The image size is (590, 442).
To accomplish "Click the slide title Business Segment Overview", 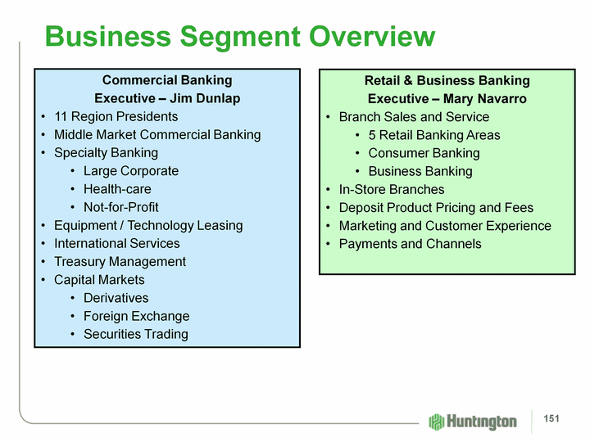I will click(240, 37).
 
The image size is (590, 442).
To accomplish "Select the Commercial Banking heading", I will click(167, 80).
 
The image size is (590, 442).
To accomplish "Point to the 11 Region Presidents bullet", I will click(116, 116).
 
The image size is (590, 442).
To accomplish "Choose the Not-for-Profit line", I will click(120, 207).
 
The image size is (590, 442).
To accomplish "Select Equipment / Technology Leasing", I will click(148, 225).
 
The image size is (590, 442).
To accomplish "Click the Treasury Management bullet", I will click(120, 262).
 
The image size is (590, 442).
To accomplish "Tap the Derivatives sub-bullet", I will click(116, 298).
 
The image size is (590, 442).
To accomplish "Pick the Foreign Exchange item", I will click(136, 316).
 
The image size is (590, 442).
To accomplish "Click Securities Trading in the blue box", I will click(135, 334).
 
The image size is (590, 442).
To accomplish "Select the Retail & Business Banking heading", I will click(447, 80).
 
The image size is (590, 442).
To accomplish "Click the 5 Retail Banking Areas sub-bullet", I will click(433, 135).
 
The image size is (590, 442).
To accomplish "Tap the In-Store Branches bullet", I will click(392, 190).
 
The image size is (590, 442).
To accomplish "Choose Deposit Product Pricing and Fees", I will click(436, 208).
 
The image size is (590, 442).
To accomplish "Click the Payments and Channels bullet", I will click(410, 244).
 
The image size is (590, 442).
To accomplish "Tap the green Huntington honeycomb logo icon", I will click(437, 421).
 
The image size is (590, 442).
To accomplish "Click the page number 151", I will click(551, 420).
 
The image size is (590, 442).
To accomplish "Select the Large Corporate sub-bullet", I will click(130, 171).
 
